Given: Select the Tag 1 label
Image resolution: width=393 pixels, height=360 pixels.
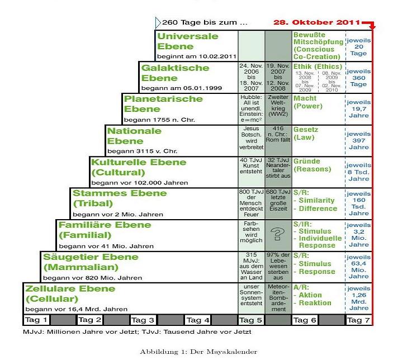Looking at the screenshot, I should (36, 320).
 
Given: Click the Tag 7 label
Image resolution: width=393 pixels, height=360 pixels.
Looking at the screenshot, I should (358, 320).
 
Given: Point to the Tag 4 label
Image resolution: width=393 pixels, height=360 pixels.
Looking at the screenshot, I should (197, 320).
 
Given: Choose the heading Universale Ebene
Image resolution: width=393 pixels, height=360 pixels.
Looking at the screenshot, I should (188, 41).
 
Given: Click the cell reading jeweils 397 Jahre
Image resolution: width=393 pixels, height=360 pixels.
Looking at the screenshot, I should (358, 141).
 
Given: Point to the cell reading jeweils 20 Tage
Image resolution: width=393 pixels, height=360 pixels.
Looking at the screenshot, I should (358, 46).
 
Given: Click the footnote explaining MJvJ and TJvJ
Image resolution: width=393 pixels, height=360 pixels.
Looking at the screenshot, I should (137, 332).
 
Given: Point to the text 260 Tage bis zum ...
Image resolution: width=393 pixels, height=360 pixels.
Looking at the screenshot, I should (205, 23).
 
